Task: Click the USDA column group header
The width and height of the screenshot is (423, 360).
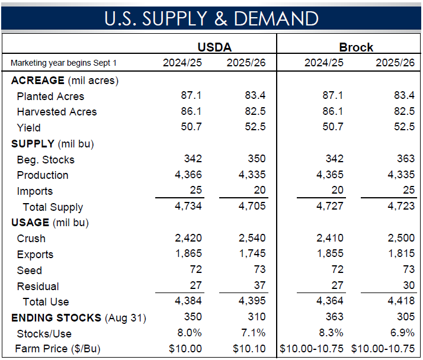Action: pyautogui.click(x=214, y=47)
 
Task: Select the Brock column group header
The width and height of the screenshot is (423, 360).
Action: pyautogui.click(x=356, y=47)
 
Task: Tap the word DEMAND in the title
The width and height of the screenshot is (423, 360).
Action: pyautogui.click(x=276, y=18)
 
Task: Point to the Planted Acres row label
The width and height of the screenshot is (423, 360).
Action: pyautogui.click(x=50, y=97)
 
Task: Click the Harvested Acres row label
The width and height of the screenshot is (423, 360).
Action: pyautogui.click(x=56, y=112)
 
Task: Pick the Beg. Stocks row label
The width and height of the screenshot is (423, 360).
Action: pyautogui.click(x=46, y=160)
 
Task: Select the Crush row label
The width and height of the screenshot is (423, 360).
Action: pyautogui.click(x=31, y=239)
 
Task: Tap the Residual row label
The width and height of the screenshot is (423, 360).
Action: pyautogui.click(x=38, y=287)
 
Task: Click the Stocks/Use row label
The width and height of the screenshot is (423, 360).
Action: pyautogui.click(x=44, y=334)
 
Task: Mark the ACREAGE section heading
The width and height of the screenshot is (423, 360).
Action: pyautogui.click(x=37, y=81)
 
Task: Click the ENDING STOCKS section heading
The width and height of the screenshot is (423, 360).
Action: pyautogui.click(x=56, y=318)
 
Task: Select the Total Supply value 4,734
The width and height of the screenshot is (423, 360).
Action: pyautogui.click(x=188, y=207)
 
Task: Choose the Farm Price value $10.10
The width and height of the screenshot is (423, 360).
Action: pyautogui.click(x=249, y=349)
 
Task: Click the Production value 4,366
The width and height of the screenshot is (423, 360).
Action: pyautogui.click(x=188, y=175)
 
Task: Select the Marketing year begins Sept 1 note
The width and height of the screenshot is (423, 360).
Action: pyautogui.click(x=63, y=63)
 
